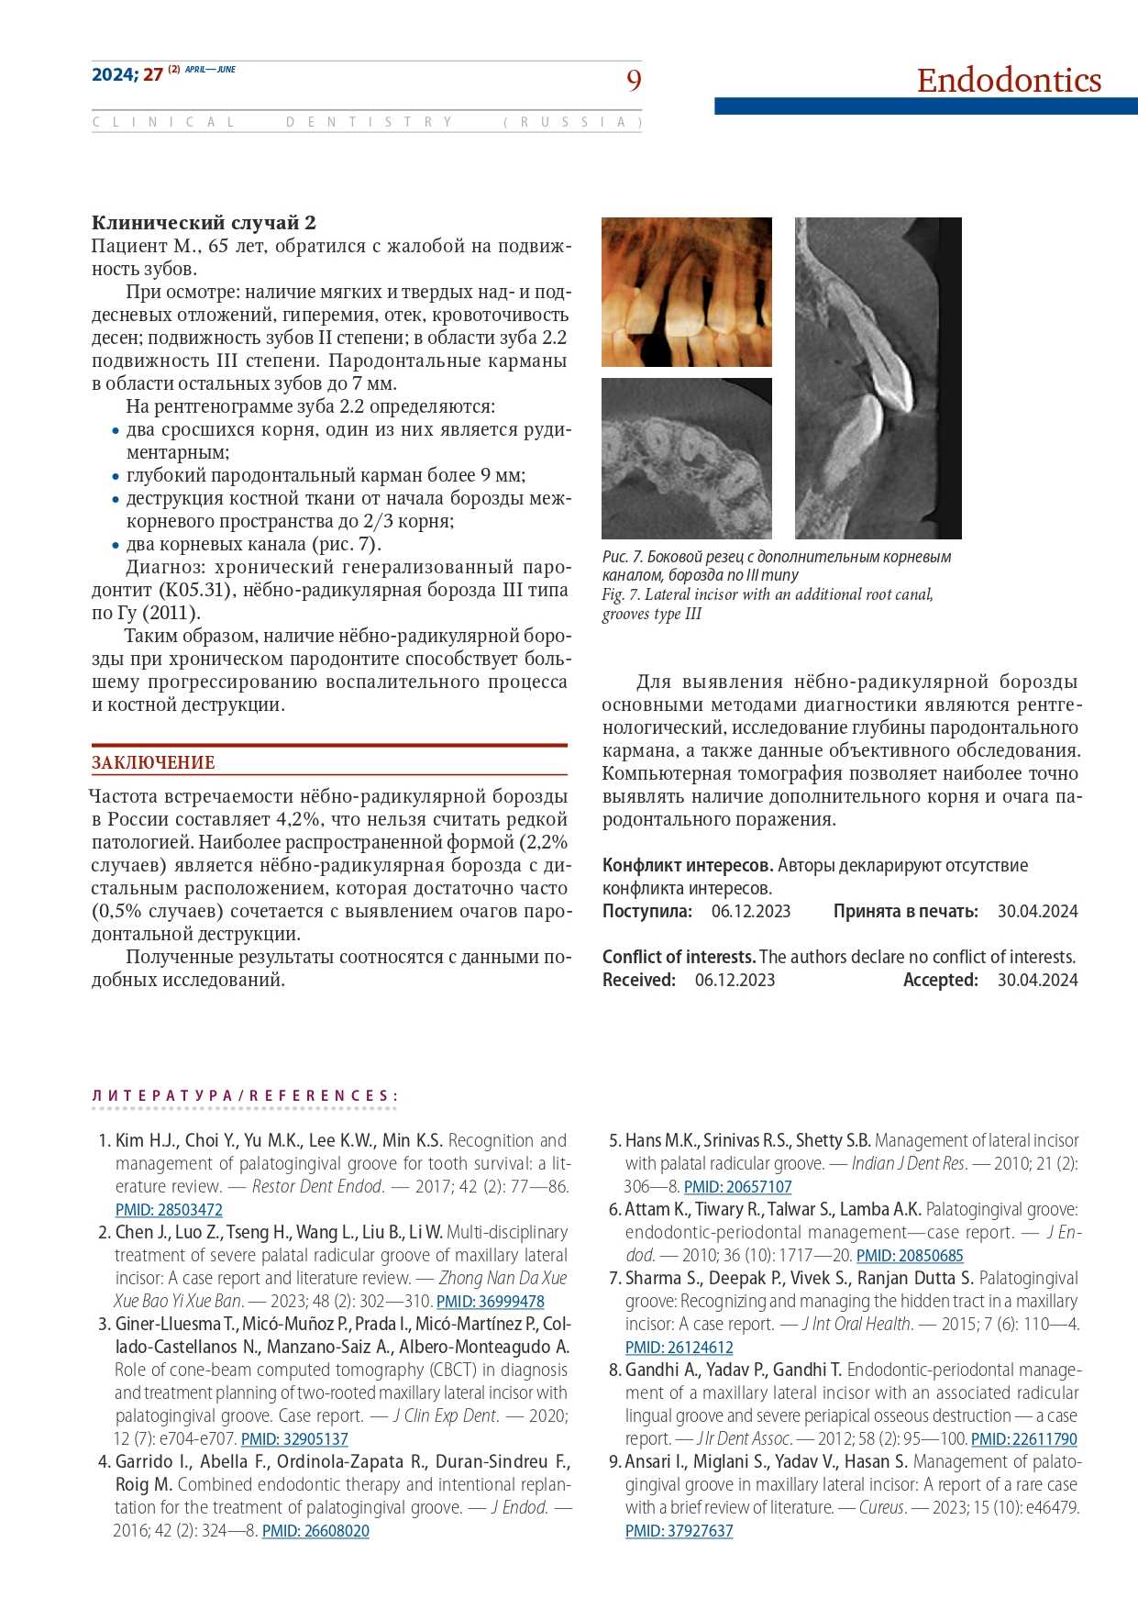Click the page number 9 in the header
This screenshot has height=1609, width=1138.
point(634,81)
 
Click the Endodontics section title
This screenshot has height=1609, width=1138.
point(1009,81)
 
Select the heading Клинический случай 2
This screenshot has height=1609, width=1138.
point(204,223)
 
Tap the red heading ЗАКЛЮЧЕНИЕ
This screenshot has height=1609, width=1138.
point(153,762)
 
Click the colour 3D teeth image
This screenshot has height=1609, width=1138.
point(687,292)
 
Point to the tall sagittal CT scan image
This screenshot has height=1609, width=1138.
point(878,378)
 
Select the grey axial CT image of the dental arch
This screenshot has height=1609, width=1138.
point(687,458)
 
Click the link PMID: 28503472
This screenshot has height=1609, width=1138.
point(169,1210)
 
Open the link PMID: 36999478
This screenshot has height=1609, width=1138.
point(490,1302)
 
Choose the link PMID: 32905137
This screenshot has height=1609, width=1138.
point(294,1439)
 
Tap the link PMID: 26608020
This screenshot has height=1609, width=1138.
point(315,1531)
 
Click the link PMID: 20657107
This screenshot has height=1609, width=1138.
point(737,1187)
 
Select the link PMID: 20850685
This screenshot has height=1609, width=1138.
point(910,1256)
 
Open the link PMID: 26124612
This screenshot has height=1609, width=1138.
point(679,1348)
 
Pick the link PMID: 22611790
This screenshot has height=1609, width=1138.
point(1023,1439)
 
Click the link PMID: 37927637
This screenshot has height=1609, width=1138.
point(679,1531)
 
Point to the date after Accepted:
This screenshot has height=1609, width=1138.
point(1037,981)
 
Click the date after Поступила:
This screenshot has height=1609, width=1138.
point(750,912)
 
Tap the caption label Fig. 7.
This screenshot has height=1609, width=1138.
point(621,594)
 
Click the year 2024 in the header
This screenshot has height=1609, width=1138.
point(114,75)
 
